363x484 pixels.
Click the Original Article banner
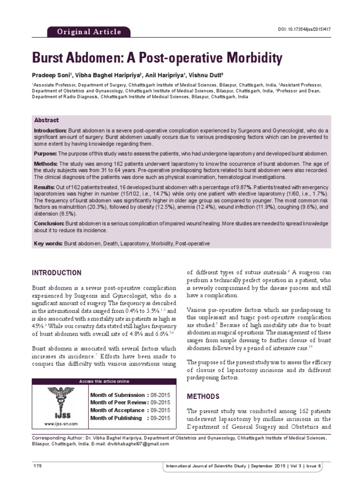click(x=89, y=32)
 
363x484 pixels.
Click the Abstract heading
click(x=46, y=120)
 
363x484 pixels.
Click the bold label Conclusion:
click(x=49, y=223)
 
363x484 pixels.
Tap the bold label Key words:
click(x=48, y=243)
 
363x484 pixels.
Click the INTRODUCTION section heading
click(x=56, y=273)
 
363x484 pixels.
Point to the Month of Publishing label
click(x=116, y=418)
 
